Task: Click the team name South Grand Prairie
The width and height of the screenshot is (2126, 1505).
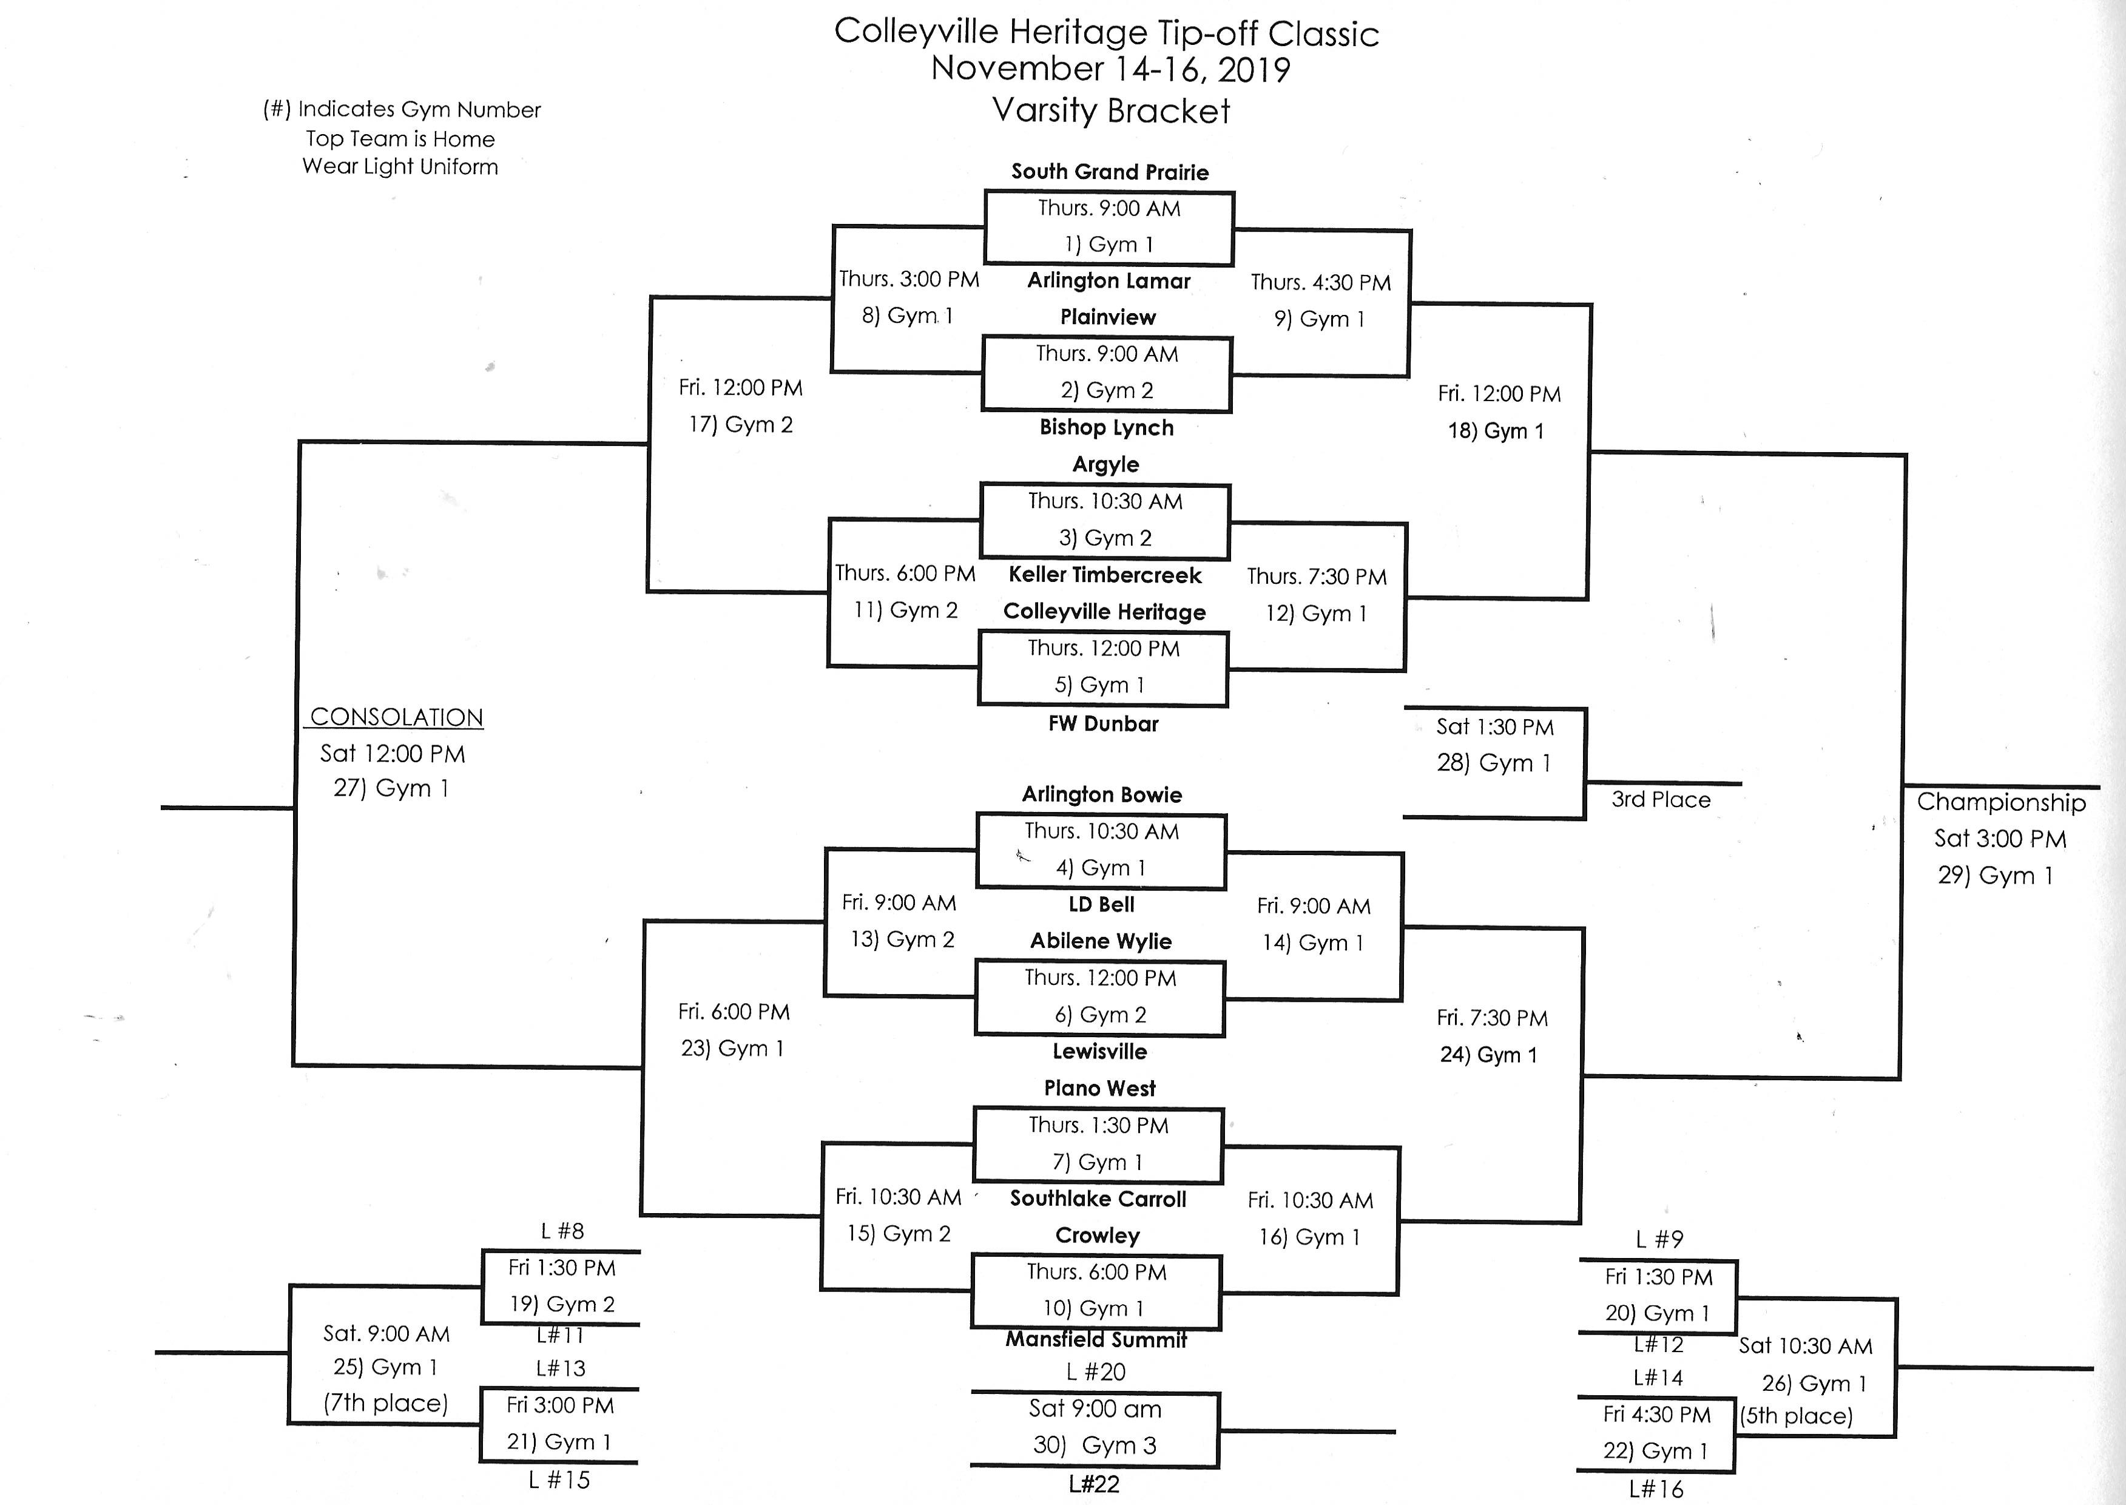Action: click(1110, 172)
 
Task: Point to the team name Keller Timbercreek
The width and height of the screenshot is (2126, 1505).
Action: click(1105, 575)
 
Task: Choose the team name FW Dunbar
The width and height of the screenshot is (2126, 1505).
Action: click(1103, 724)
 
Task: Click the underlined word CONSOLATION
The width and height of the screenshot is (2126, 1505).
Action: click(396, 717)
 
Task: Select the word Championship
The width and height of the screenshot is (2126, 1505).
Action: click(2001, 802)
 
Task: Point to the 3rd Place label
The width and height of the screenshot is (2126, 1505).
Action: click(1661, 800)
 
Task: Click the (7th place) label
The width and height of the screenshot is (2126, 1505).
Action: click(385, 1403)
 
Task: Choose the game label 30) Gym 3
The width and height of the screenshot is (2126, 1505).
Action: click(1095, 1446)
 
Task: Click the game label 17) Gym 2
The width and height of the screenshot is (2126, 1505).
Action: click(740, 424)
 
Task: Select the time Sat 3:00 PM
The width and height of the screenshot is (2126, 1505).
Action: click(2000, 839)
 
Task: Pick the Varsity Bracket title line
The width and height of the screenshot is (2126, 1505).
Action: click(1111, 111)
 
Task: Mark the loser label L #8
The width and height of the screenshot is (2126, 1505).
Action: click(562, 1231)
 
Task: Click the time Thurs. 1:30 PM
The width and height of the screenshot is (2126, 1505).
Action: click(1099, 1125)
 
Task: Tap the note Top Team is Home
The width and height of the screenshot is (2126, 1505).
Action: click(400, 139)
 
